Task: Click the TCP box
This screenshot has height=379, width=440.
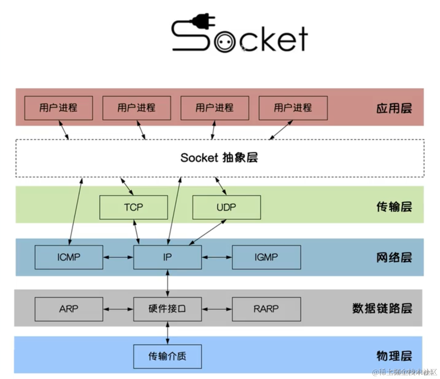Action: [133, 207]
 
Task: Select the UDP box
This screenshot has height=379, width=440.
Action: [226, 207]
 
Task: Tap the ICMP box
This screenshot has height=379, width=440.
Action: [69, 257]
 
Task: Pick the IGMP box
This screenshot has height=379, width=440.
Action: [266, 257]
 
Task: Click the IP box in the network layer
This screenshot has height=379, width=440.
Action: [167, 257]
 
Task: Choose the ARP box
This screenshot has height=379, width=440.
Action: [69, 309]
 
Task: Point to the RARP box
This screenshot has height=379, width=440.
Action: [266, 309]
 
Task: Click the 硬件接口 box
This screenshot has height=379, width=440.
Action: [167, 309]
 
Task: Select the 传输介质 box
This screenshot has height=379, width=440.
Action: [167, 356]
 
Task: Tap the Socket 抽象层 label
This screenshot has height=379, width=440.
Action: [219, 158]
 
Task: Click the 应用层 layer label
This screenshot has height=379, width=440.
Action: [394, 108]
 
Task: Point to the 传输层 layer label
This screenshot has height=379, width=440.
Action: [394, 207]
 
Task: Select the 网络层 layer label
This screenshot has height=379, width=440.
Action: [394, 257]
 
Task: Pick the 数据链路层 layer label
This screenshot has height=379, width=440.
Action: [382, 308]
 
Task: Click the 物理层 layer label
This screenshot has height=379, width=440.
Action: [394, 356]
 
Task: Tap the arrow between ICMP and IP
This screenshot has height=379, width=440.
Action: [118, 257]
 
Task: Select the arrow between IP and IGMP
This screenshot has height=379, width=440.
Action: [217, 257]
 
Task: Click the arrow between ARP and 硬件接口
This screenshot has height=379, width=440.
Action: [118, 309]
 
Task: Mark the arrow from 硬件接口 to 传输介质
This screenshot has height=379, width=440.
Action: [167, 333]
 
